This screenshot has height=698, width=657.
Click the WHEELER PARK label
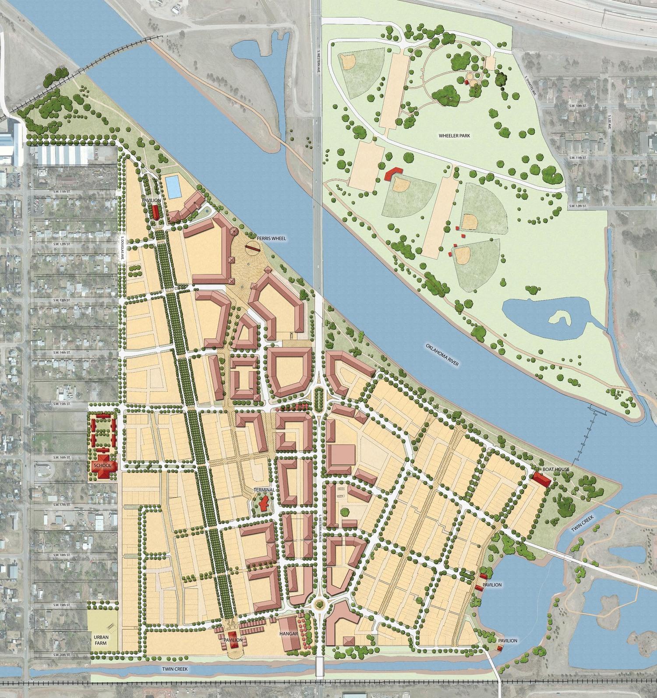pos(455,136)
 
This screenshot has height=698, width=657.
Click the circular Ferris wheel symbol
pos(252,248)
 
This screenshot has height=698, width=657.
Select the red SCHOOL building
pos(104,465)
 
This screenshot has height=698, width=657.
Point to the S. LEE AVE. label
pos(609,123)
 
